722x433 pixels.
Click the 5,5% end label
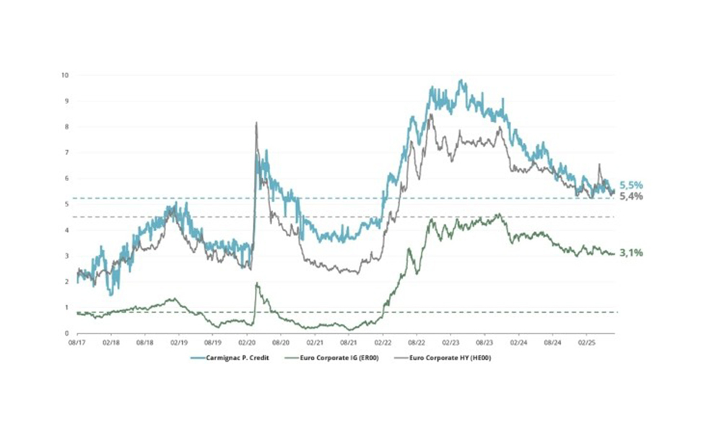pos(630,185)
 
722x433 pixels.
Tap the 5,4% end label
pos(630,196)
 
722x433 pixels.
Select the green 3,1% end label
pos(630,253)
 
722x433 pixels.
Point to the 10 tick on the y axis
pos(65,75)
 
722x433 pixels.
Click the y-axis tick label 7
pos(66,153)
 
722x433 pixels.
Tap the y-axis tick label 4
pos(66,230)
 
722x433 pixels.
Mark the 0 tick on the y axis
pos(66,333)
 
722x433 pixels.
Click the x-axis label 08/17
pos(77,344)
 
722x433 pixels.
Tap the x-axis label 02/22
pos(383,344)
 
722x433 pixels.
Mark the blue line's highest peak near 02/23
pos(461,81)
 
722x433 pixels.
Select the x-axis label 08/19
pos(213,344)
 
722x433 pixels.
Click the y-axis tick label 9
pos(66,101)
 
